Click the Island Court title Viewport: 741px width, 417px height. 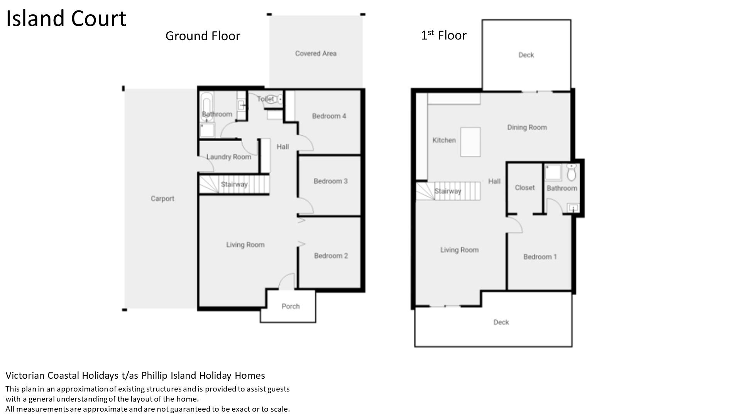tap(66, 19)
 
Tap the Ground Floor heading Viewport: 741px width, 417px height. tap(203, 36)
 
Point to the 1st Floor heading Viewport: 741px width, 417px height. tap(443, 35)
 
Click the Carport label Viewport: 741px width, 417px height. tap(162, 198)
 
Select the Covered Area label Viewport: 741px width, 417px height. tap(316, 53)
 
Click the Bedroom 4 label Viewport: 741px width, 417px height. tap(329, 116)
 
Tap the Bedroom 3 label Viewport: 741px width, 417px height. tap(331, 181)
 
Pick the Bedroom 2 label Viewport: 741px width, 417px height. tap(331, 256)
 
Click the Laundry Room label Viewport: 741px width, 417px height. tap(229, 157)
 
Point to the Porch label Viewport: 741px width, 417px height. tap(291, 306)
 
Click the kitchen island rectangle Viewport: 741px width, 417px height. tap(470, 142)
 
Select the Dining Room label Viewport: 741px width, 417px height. tap(527, 127)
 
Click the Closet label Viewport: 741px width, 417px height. tap(525, 188)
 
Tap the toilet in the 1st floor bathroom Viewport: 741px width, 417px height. tap(572, 172)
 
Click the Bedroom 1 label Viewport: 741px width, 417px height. tap(540, 257)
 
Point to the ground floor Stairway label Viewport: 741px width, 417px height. tap(234, 184)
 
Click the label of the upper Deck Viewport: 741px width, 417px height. tap(526, 55)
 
